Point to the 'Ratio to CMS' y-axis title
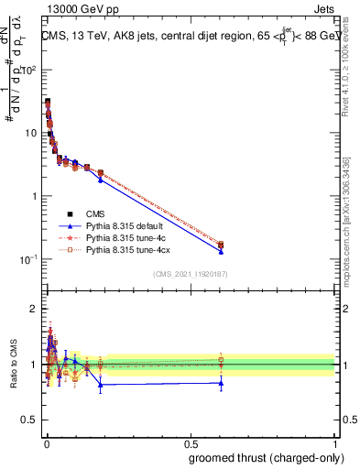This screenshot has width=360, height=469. click(x=13, y=364)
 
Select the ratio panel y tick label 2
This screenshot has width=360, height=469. click(x=34, y=309)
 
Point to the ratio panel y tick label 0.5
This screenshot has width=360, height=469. click(x=29, y=420)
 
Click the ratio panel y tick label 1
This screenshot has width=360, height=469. click(x=34, y=365)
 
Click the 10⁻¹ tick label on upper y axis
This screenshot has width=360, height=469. click(x=28, y=259)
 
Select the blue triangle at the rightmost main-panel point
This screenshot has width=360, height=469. click(x=220, y=251)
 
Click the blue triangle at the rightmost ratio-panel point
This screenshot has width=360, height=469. click(x=220, y=383)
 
